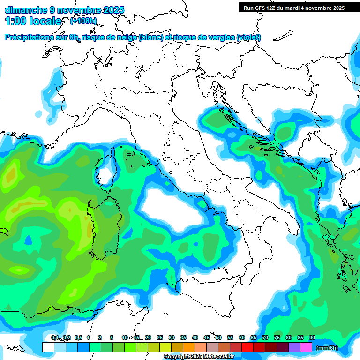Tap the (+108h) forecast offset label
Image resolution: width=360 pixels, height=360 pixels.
point(83,21)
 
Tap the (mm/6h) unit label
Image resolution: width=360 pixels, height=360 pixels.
point(327,347)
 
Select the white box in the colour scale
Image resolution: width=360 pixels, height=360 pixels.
point(48,347)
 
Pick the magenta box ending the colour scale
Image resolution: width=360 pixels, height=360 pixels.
point(306,347)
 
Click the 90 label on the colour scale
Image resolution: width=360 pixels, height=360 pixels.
point(312,337)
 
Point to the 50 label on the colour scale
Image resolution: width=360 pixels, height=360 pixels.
point(218,337)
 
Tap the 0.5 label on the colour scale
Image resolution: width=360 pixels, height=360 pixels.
point(78,337)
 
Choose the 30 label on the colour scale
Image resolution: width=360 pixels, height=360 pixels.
point(172,337)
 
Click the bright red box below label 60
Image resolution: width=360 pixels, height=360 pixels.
point(247,347)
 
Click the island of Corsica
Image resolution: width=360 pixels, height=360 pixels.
point(107,169)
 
